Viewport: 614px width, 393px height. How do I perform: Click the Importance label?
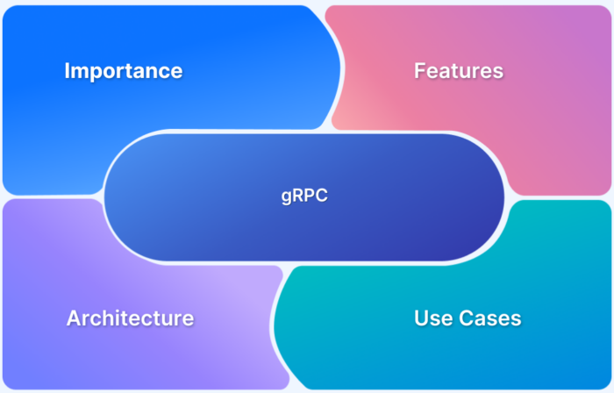[124, 71]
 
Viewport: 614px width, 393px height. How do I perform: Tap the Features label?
[459, 71]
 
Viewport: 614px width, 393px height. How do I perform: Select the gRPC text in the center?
[304, 196]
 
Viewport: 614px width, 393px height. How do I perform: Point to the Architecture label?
[130, 318]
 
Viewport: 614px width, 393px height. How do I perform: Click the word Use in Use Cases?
[432, 318]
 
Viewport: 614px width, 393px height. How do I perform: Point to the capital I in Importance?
[68, 71]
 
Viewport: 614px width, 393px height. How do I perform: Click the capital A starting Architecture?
[74, 318]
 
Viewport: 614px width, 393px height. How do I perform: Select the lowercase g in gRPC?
[286, 198]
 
